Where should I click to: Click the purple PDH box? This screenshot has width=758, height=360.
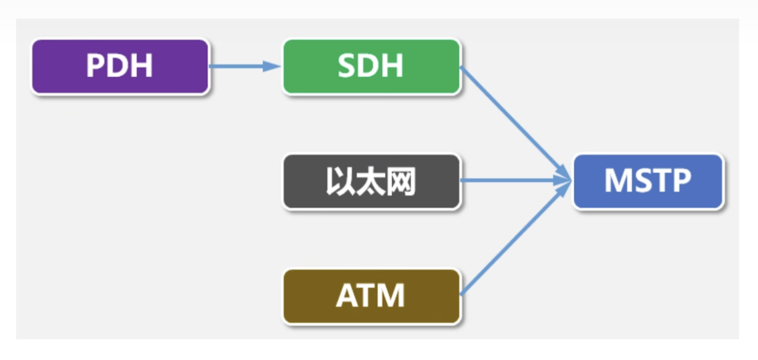(x=120, y=66)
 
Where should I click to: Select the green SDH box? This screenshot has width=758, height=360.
(x=371, y=66)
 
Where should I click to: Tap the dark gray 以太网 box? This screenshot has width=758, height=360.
(x=371, y=182)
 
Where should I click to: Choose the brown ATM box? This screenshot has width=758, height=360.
(x=371, y=296)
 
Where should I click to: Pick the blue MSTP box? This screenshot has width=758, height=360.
(x=648, y=181)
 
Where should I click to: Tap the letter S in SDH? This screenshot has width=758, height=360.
(x=347, y=66)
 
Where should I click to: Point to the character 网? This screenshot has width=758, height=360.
(x=401, y=182)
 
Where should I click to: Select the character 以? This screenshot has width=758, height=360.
(x=340, y=182)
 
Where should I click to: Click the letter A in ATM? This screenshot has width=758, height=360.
(x=346, y=296)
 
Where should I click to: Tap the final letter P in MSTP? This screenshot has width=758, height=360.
(x=680, y=181)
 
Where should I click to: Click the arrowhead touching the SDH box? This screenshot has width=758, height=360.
(x=272, y=66)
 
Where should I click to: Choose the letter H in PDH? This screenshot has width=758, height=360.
(x=143, y=66)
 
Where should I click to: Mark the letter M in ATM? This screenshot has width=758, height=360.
(x=392, y=296)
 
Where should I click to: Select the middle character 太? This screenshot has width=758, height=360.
(x=370, y=182)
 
